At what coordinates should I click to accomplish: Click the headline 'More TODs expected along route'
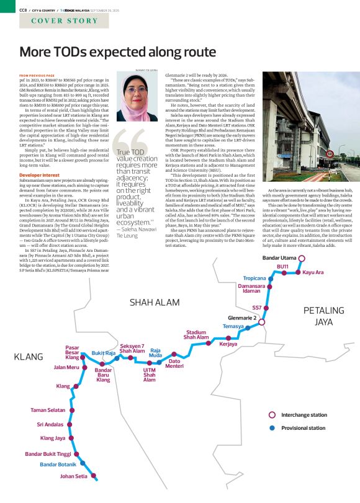109,52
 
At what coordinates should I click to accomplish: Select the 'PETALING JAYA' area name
323,316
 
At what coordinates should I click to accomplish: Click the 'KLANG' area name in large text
28,357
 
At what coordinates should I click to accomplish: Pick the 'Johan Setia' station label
73,476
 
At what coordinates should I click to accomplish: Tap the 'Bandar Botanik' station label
58,464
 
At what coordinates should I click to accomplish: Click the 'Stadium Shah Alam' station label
196,336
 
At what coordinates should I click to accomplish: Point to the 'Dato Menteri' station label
174,363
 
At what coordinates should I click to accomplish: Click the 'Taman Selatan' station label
47,411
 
